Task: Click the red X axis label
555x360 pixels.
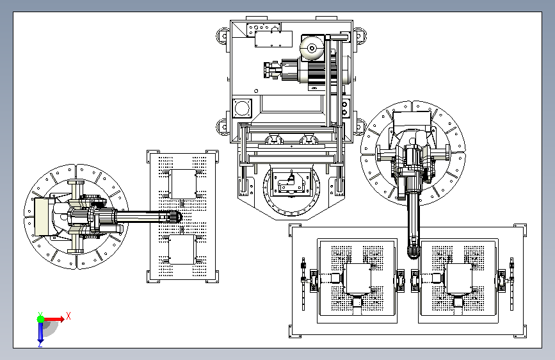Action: tap(68, 316)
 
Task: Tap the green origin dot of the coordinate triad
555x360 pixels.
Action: tap(41, 319)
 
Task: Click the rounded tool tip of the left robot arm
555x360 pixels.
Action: tap(176, 217)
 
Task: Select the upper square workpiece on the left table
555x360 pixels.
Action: tap(183, 184)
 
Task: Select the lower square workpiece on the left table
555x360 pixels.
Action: tap(182, 249)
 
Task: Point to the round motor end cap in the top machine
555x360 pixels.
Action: tap(312, 48)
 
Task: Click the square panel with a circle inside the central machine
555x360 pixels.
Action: tap(243, 108)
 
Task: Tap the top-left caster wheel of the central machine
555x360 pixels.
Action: tap(223, 36)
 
